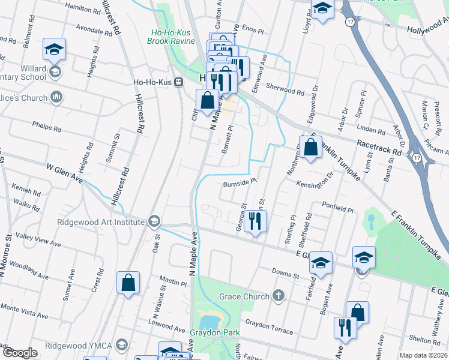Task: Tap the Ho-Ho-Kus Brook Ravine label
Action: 171,37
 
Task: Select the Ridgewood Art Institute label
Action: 100,222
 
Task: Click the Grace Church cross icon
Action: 277,295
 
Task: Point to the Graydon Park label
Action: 214,333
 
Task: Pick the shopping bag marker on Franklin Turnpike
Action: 310,148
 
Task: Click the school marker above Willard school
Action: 55,50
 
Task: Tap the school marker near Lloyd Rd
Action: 322,9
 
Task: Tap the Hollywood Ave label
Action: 427,29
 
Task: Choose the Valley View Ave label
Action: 38,239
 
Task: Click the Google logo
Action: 19,353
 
